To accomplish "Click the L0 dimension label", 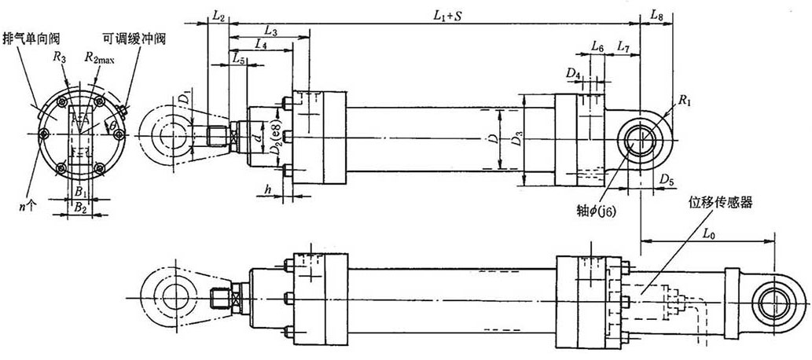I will point(708,233).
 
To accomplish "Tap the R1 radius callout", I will point(686,101).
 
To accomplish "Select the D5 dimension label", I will point(667,181).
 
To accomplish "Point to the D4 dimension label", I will point(573,73).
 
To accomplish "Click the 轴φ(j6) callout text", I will point(603,211).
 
